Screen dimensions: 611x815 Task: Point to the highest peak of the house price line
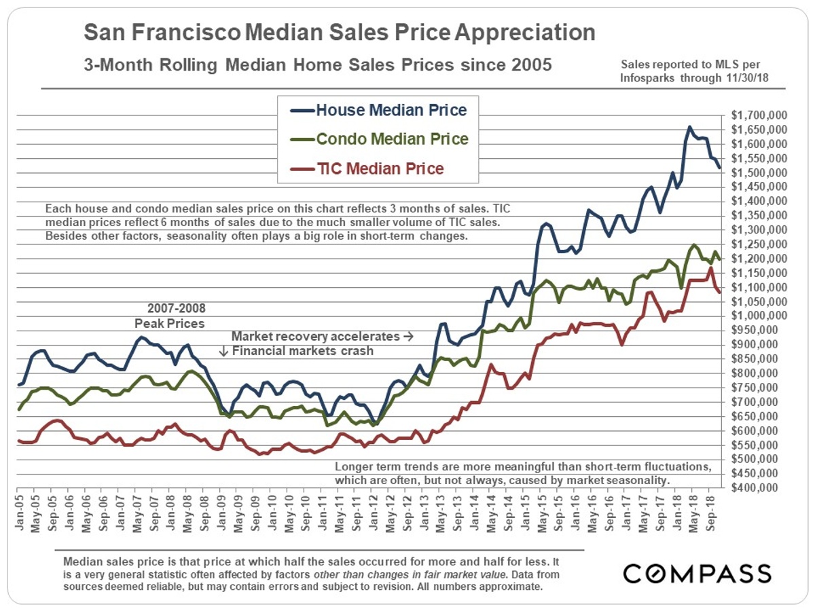[x=689, y=127]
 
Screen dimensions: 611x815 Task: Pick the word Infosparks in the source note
[x=647, y=78]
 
